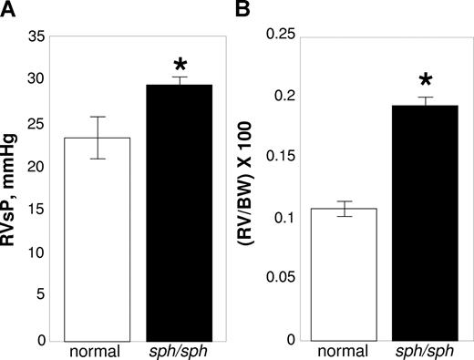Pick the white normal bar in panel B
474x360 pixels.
[344, 274]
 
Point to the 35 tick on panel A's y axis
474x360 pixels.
[36, 36]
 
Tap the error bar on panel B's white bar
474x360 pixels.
[344, 209]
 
